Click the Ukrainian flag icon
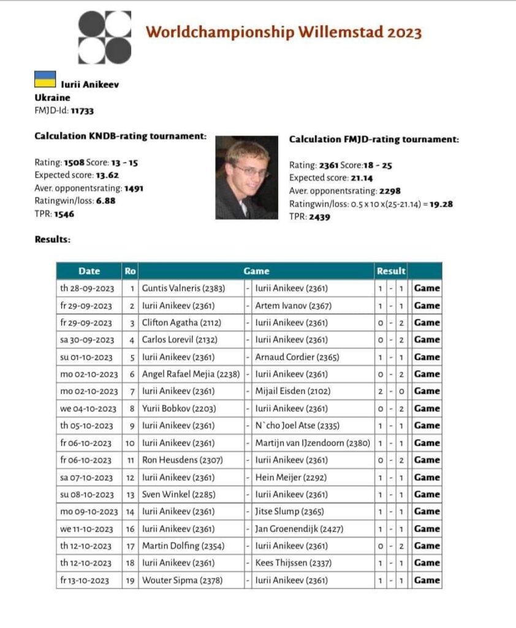pyautogui.click(x=45, y=79)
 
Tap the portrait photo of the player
pyautogui.click(x=246, y=178)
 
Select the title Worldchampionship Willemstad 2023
pyautogui.click(x=283, y=32)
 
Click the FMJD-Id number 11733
pyautogui.click(x=82, y=111)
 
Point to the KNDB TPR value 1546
pyautogui.click(x=62, y=215)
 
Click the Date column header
pyautogui.click(x=89, y=271)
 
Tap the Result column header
pyautogui.click(x=391, y=271)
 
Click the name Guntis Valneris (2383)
pyautogui.click(x=182, y=288)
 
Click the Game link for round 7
pyautogui.click(x=427, y=391)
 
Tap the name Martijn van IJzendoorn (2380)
pyautogui.click(x=312, y=443)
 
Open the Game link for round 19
pyautogui.click(x=427, y=580)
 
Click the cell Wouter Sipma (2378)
pyautogui.click(x=181, y=580)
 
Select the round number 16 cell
pyautogui.click(x=129, y=529)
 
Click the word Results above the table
pyautogui.click(x=52, y=240)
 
